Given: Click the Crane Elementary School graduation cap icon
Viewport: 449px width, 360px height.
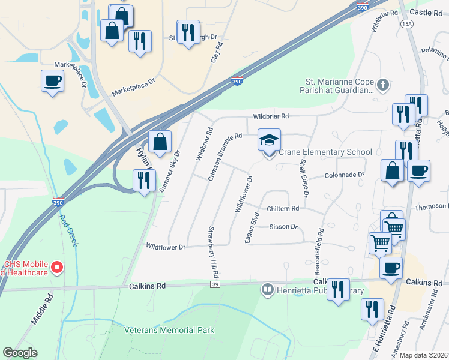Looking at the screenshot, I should [x=269, y=141].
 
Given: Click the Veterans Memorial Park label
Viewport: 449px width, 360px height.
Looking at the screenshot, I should [x=169, y=330].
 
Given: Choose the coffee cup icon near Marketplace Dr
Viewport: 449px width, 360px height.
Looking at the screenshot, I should [x=52, y=80].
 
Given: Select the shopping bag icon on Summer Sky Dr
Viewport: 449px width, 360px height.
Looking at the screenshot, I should [x=160, y=143].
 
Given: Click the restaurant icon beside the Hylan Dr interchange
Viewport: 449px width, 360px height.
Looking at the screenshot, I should [x=144, y=180].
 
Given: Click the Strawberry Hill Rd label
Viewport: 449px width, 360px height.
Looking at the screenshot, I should [x=213, y=251].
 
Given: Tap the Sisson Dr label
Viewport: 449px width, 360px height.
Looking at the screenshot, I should [x=283, y=227].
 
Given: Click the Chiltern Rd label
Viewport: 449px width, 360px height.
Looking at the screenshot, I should [x=282, y=208].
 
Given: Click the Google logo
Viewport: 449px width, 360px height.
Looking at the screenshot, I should [x=20, y=353].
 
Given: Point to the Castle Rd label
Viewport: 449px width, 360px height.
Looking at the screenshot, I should [x=425, y=13].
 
